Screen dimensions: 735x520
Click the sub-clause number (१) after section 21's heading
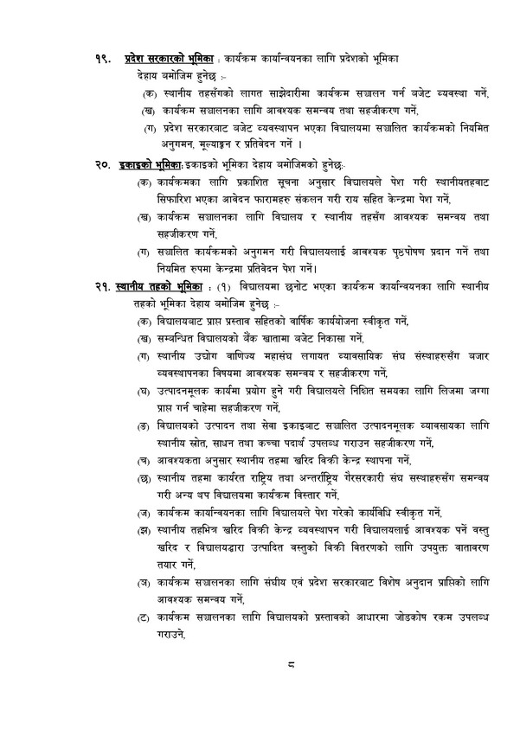click(x=225, y=285)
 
